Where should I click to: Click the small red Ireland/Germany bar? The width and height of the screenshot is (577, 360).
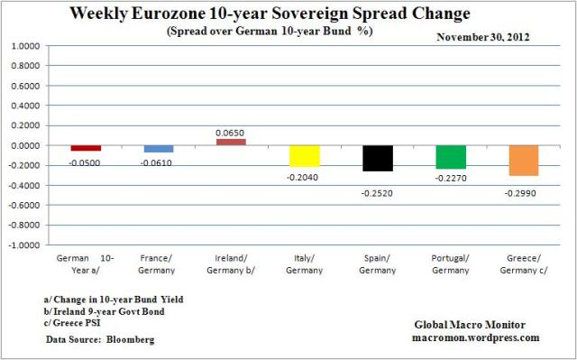[x=230, y=142]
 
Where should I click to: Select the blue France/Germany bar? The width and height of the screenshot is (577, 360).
[x=158, y=149]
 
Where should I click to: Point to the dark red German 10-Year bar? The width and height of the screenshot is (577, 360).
[x=86, y=148]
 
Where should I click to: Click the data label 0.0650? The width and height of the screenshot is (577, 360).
[x=230, y=132]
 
